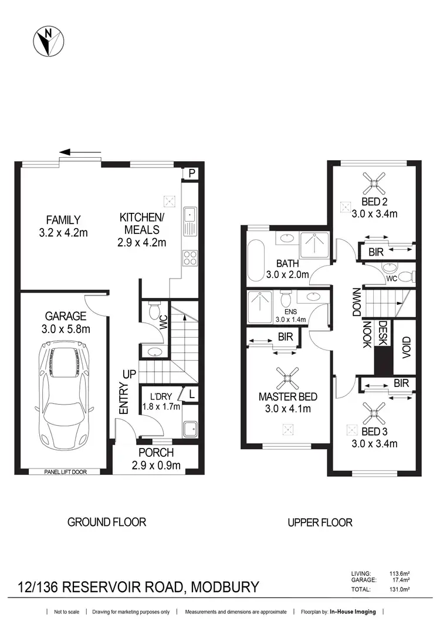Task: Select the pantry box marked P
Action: pos(191,174)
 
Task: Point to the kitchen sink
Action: pos(191,219)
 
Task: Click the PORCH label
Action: pos(156,453)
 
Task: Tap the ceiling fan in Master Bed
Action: pos(287,377)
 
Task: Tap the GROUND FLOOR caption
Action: pos(106,521)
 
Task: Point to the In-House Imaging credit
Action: pos(352,612)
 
